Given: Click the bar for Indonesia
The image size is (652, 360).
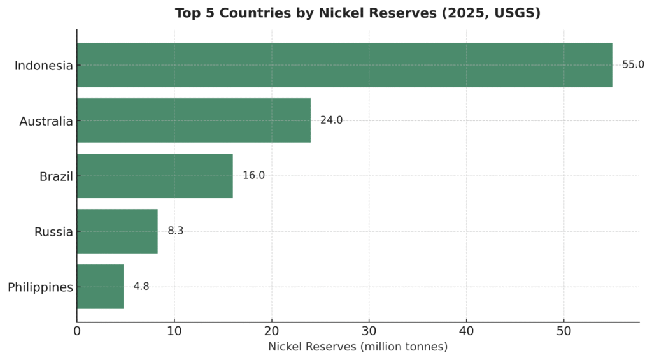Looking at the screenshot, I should pyautogui.click(x=344, y=65).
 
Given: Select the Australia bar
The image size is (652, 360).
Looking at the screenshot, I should pyautogui.click(x=194, y=120).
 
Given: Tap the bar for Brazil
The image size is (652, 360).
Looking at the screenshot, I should pyautogui.click(x=155, y=176).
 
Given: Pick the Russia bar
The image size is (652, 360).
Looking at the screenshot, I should pyautogui.click(x=117, y=231).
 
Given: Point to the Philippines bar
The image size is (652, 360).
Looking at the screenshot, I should pyautogui.click(x=100, y=287).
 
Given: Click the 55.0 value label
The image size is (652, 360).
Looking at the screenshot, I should pyautogui.click(x=633, y=65).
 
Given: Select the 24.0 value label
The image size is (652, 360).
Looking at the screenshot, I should pyautogui.click(x=331, y=120).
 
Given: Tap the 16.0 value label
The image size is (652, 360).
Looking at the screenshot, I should pyautogui.click(x=253, y=176).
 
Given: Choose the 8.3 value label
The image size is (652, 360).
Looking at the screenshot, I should pyautogui.click(x=175, y=231).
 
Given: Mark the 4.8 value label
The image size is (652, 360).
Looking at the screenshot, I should pyautogui.click(x=141, y=287).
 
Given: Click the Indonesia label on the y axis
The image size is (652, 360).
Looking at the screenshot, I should pyautogui.click(x=43, y=66).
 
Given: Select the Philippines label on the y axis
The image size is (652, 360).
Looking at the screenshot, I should pyautogui.click(x=40, y=287).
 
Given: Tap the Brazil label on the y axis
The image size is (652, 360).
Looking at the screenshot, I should pyautogui.click(x=56, y=176).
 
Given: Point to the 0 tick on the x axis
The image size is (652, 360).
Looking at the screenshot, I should pyautogui.click(x=77, y=331).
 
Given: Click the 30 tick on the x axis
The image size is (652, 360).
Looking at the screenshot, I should pyautogui.click(x=369, y=331).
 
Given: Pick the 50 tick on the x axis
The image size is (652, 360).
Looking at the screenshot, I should pyautogui.click(x=563, y=331).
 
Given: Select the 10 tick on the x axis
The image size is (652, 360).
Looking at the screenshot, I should pyautogui.click(x=174, y=331).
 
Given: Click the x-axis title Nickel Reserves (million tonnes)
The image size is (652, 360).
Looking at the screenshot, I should pyautogui.click(x=357, y=347).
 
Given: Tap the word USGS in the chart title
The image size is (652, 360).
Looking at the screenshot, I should pyautogui.click(x=517, y=13).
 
